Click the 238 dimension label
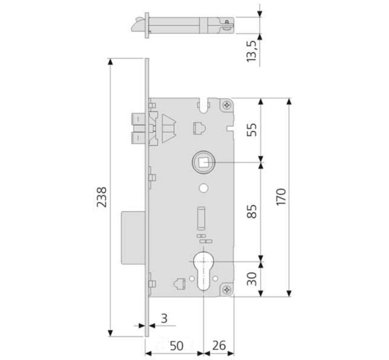(101, 197)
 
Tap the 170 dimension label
(281, 197)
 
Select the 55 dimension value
(252, 130)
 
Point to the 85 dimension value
(252, 211)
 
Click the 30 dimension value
(252, 279)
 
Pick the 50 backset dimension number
(176, 346)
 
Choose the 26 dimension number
(219, 345)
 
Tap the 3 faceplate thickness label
(164, 319)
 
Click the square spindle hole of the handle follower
(203, 162)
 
